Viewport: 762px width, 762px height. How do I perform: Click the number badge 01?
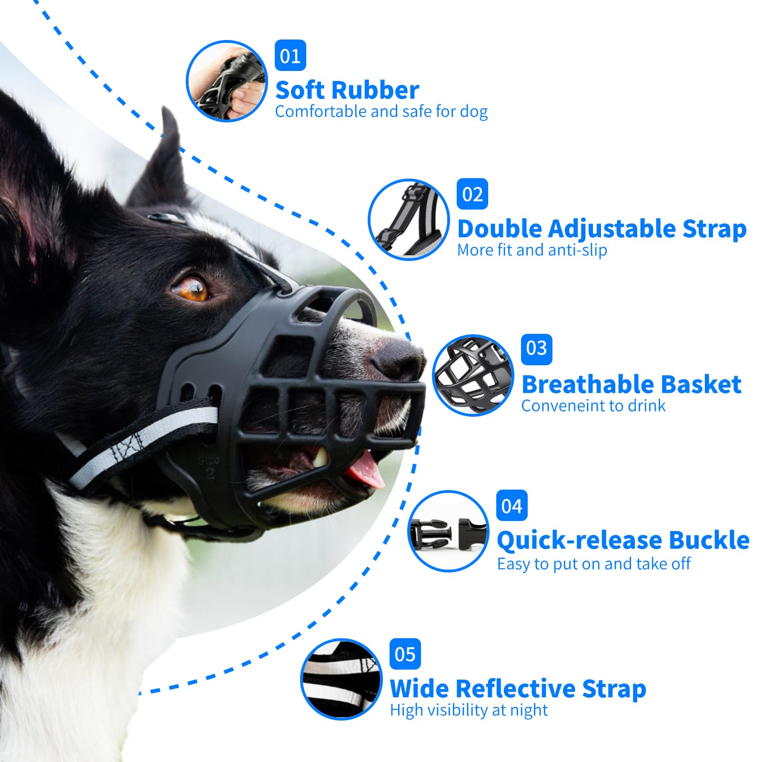click(290, 56)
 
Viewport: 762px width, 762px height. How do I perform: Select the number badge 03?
click(536, 348)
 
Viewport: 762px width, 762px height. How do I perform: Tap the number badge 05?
click(405, 654)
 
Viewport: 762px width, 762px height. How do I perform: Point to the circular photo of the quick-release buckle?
click(448, 531)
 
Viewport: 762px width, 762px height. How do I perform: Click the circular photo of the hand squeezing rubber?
click(227, 81)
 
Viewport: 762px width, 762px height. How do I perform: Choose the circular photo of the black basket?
click(473, 375)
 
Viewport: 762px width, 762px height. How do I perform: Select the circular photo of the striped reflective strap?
click(341, 679)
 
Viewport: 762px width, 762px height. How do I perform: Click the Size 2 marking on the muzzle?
click(209, 467)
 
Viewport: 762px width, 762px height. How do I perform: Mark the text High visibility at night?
click(469, 710)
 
